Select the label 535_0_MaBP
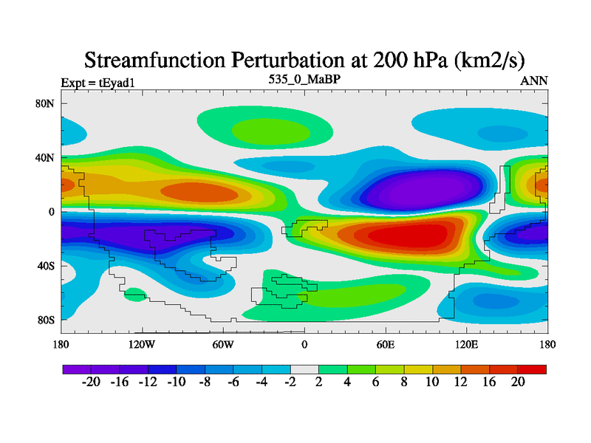tap(304, 78)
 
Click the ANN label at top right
tap(534, 80)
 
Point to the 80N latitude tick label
tap(46, 103)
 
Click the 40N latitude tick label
tap(46, 157)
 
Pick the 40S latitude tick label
tap(46, 265)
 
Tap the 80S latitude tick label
tap(46, 320)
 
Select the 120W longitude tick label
tap(142, 344)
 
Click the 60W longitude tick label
tap(223, 344)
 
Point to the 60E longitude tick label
tap(386, 344)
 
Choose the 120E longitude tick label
tap(467, 344)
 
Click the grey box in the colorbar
tap(304, 368)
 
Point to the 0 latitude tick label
tap(52, 211)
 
